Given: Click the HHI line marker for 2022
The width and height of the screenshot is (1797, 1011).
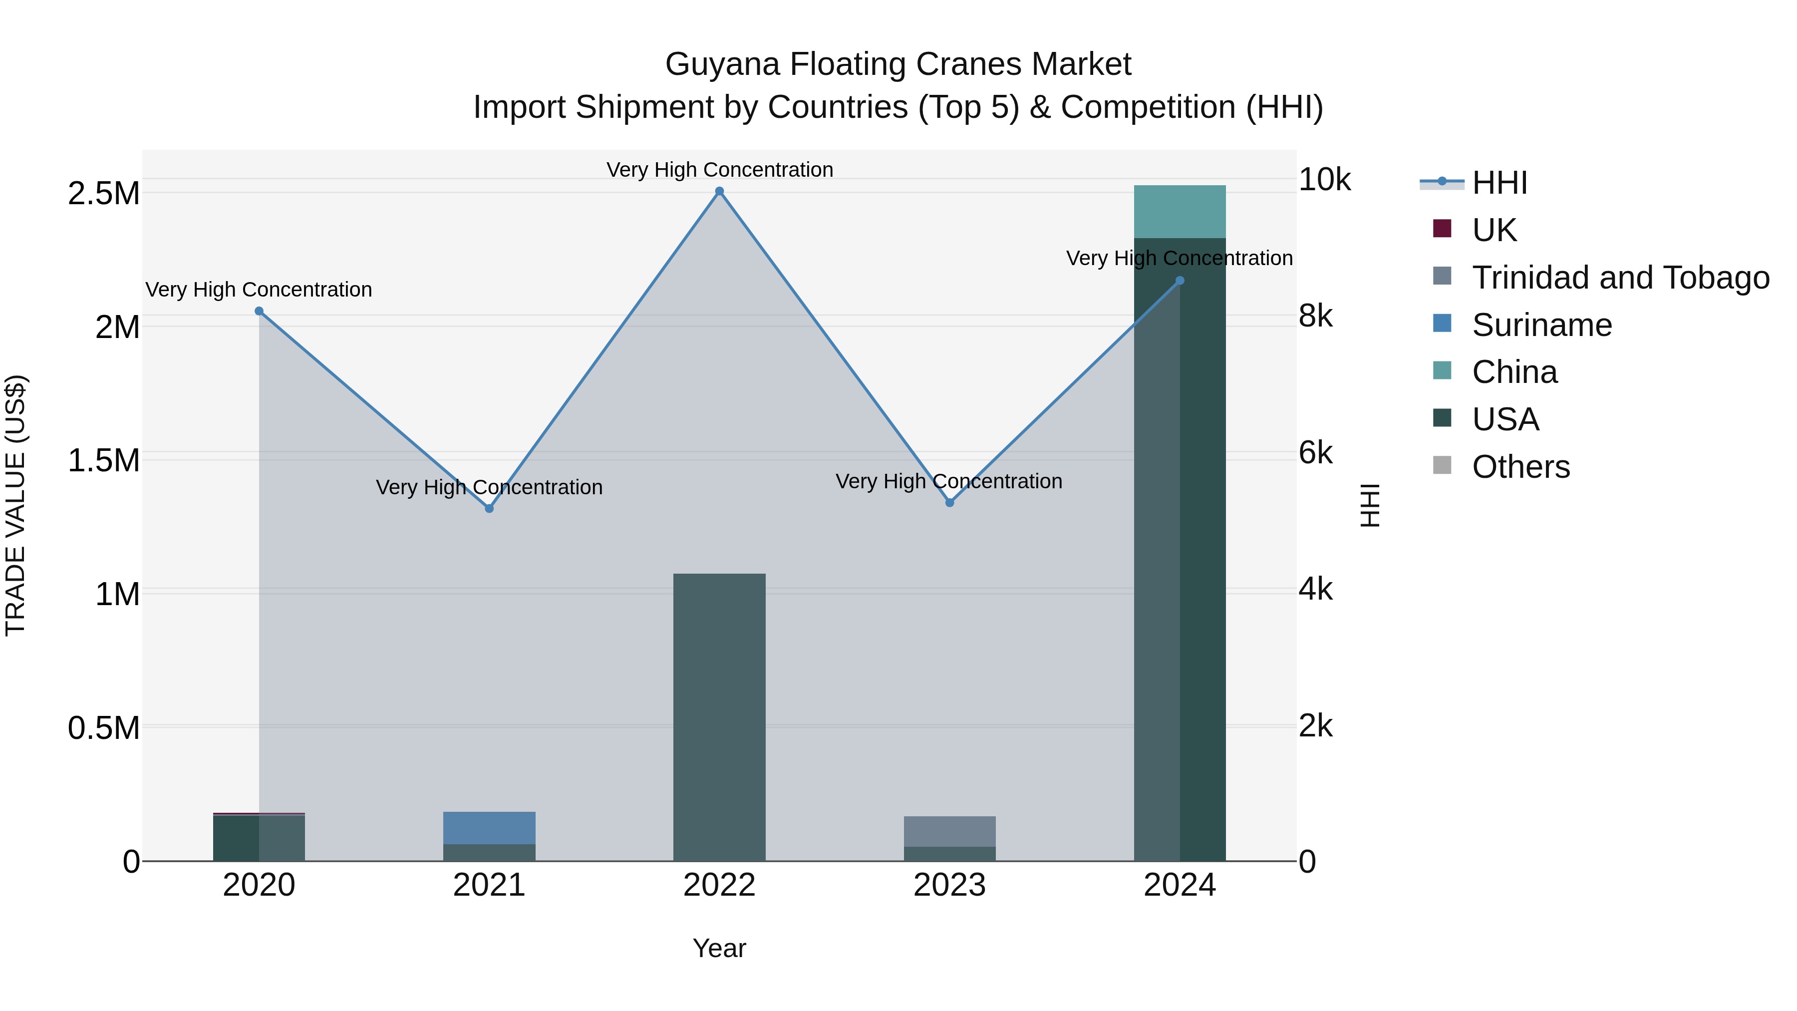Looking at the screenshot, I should pos(719,191).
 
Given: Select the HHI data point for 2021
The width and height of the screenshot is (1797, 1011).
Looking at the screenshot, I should pos(489,509).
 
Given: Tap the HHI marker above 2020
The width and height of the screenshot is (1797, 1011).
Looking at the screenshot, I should pos(259,311).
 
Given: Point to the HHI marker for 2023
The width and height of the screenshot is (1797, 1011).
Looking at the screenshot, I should pos(949,502).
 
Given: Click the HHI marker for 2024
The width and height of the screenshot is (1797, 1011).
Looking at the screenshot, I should pos(1180,281).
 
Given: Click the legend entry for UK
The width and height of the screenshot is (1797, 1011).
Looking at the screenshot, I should pos(1494,230).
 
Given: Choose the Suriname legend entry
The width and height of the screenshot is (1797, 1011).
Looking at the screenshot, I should pos(1542,325).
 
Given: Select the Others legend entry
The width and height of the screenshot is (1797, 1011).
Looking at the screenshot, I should pos(1521,467).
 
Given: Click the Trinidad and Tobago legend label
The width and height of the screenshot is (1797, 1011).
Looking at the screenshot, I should pos(1620,278).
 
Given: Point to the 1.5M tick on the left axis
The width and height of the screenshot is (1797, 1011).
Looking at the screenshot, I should pos(104,460).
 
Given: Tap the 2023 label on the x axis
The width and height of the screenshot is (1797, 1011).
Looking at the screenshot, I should pos(949,885).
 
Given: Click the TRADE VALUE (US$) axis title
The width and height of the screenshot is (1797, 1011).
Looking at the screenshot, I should pos(15,505).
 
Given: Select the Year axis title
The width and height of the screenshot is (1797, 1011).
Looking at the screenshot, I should pos(719,948).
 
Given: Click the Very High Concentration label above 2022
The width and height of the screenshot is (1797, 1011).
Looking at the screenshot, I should pos(719,170).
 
